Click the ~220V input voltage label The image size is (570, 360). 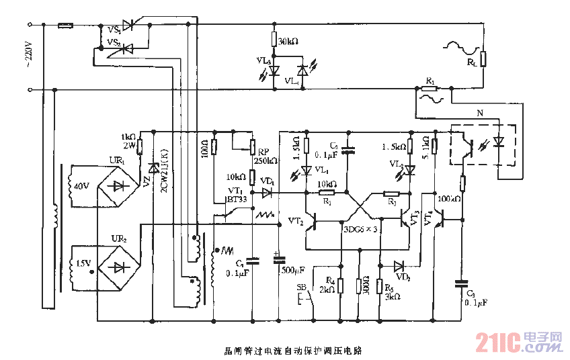pos(28,56)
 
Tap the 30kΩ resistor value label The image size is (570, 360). pos(288,42)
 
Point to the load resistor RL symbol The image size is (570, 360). pos(483,59)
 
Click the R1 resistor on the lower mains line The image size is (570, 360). pos(430,89)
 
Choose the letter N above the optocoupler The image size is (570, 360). pos(479,115)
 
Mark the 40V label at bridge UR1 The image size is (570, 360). pos(81,186)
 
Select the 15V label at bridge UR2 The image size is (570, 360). pos(83,263)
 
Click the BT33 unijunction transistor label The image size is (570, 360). pos(237,199)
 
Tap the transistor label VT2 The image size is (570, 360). pos(296,220)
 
